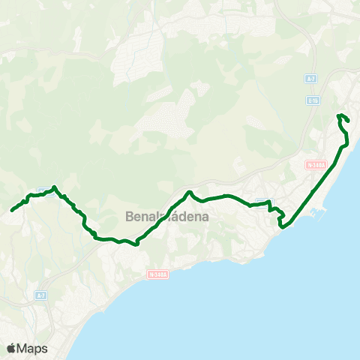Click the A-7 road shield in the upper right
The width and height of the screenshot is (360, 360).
(x=310, y=78)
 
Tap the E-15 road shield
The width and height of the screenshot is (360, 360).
(x=313, y=100)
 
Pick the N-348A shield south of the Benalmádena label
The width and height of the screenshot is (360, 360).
(x=157, y=274)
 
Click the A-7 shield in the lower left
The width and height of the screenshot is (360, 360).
(x=41, y=296)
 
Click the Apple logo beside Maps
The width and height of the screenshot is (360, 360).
(x=11, y=348)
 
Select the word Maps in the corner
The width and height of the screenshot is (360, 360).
(x=32, y=349)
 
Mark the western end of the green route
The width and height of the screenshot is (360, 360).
(x=12, y=211)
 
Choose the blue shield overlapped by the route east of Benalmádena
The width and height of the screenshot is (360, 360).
(x=262, y=201)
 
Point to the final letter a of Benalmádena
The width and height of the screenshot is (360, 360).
(x=205, y=217)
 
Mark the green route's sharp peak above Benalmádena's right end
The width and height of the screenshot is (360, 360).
(x=189, y=192)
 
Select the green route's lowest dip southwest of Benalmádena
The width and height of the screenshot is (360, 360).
(x=136, y=244)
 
